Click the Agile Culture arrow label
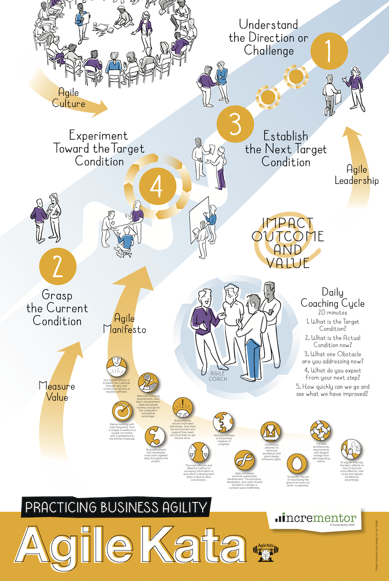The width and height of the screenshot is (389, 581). pos(71,98)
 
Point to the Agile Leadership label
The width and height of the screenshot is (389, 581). pos(356,174)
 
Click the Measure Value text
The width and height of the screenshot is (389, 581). pos(57,391)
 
